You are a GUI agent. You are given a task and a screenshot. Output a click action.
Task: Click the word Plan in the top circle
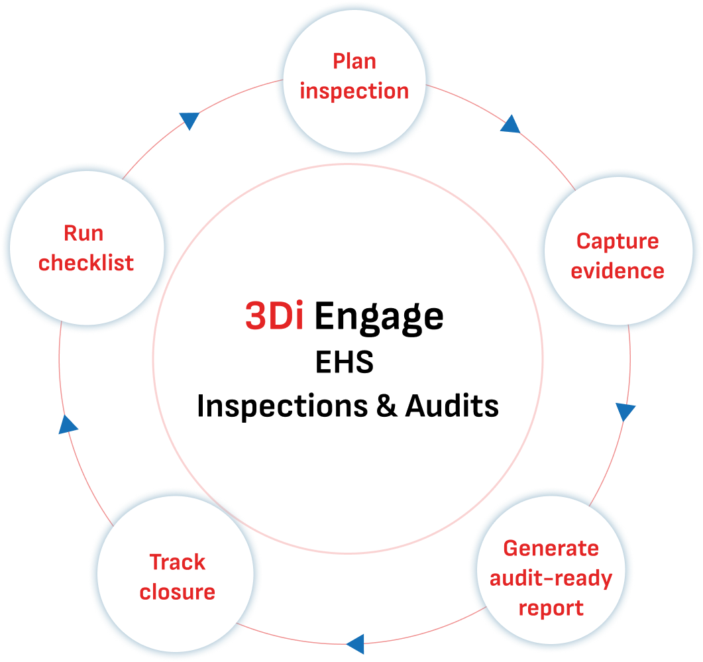(x=354, y=62)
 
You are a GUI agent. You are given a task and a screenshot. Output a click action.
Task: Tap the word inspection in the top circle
(x=354, y=91)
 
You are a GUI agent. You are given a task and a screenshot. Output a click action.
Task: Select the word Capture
(x=618, y=241)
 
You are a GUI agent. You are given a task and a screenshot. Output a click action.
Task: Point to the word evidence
(x=618, y=271)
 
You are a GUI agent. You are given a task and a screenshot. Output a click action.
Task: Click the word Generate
(x=551, y=549)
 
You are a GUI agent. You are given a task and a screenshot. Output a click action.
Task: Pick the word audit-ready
(x=551, y=579)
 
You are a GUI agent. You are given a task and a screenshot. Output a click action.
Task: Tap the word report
(x=551, y=608)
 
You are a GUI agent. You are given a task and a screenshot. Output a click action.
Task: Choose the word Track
(x=177, y=563)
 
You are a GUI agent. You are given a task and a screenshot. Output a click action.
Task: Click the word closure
(x=177, y=592)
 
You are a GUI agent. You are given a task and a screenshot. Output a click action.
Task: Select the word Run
(x=83, y=233)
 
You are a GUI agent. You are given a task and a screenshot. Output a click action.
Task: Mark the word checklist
(x=86, y=263)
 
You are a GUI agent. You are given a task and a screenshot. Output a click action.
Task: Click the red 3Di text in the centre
(x=274, y=317)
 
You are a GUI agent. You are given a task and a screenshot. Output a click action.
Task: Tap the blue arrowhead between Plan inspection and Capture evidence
(x=510, y=125)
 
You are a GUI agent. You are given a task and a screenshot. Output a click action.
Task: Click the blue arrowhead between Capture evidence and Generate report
(x=625, y=412)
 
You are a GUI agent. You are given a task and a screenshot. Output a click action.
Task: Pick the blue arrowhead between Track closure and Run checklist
(x=68, y=424)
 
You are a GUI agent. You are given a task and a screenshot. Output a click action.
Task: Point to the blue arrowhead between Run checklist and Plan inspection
(x=189, y=121)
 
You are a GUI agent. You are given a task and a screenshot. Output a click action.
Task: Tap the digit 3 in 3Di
(x=255, y=317)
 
